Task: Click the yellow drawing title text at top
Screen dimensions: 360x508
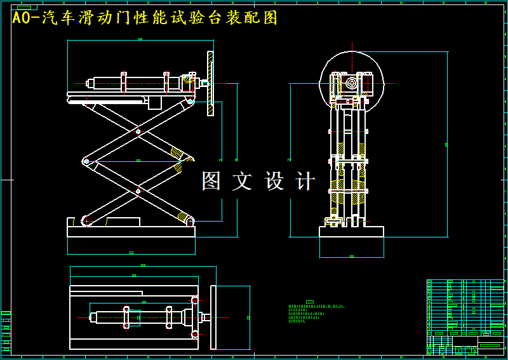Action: [x=145, y=18]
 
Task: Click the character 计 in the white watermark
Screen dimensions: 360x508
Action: [x=305, y=181]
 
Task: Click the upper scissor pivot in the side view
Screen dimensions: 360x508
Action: [x=138, y=132]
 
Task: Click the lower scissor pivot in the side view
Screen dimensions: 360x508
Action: [x=138, y=190]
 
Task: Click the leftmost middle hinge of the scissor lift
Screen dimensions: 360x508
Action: [x=86, y=161]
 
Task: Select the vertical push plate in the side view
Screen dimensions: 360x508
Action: [x=210, y=83]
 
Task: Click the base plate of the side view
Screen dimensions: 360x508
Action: [x=131, y=230]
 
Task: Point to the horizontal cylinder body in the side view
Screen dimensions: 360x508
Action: [x=143, y=83]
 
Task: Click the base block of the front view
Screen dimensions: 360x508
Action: [x=351, y=232]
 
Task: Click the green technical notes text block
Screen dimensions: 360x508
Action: [x=316, y=313]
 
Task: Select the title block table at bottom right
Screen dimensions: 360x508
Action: [x=465, y=316]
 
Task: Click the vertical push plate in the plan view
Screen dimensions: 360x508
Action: [x=213, y=317]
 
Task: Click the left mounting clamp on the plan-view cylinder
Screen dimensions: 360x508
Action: [x=126, y=317]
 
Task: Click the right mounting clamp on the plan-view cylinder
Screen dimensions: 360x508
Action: [x=169, y=317]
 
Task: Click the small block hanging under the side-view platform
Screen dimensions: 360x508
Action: [x=155, y=103]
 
